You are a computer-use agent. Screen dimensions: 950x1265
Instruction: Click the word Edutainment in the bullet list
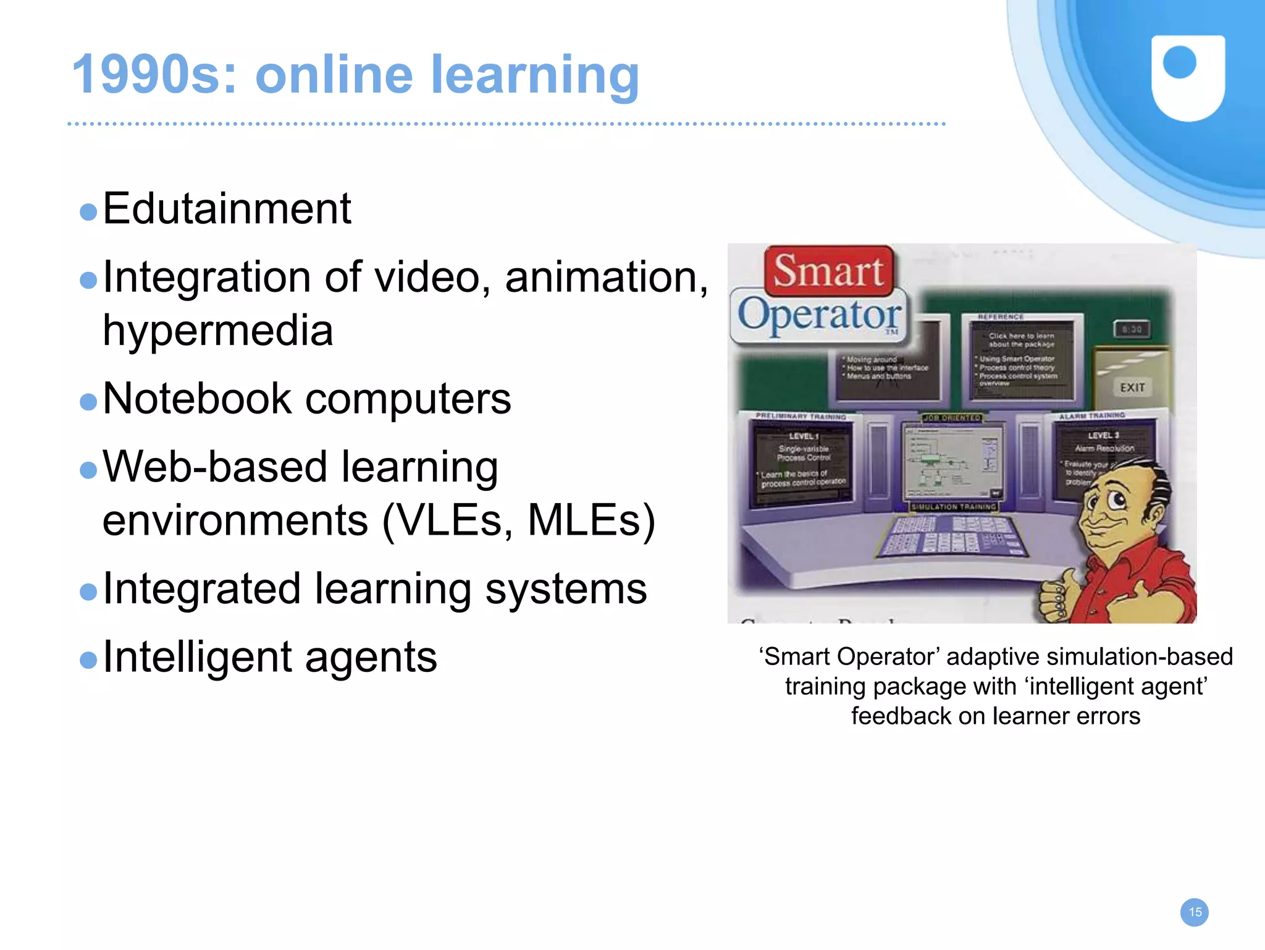[227, 209]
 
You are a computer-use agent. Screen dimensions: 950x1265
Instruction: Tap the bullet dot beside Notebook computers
[89, 402]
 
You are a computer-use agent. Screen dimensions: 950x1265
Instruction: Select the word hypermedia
[217, 331]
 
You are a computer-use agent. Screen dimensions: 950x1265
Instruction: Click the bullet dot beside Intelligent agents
[89, 660]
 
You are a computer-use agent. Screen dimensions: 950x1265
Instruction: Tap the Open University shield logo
[1188, 77]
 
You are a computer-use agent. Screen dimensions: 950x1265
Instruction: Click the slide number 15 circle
[1195, 912]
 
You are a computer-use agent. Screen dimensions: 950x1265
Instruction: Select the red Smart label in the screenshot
[828, 271]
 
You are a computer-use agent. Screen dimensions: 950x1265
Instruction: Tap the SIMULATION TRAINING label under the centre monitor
[954, 507]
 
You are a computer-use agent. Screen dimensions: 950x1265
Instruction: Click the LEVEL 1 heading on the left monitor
[803, 436]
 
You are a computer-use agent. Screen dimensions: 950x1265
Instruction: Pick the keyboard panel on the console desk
[951, 535]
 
